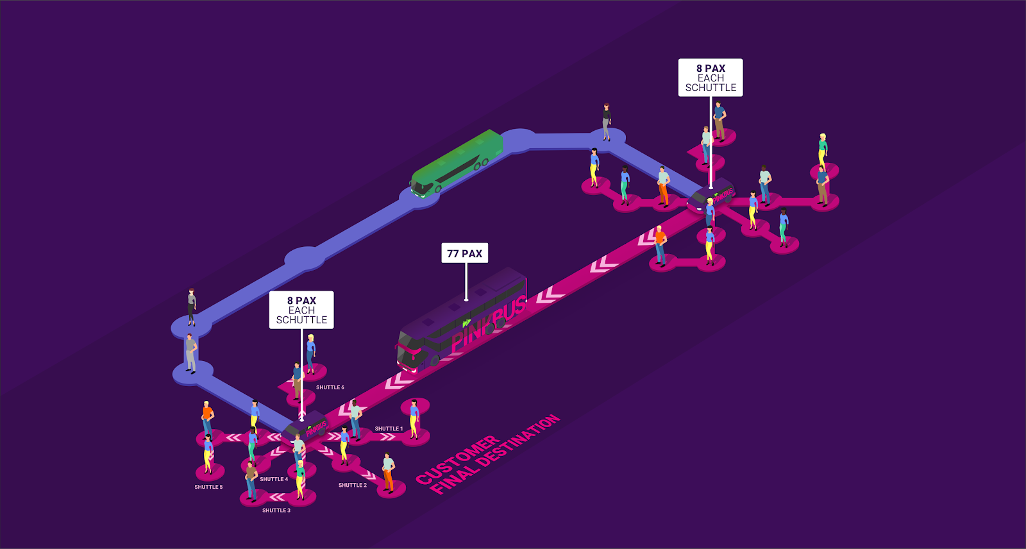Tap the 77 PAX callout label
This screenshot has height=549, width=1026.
(465, 253)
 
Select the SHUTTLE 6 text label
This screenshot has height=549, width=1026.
(330, 387)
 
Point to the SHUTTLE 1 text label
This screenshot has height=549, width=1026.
(389, 429)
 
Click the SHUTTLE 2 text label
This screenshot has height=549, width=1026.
(353, 486)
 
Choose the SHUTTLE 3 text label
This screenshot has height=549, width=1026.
(276, 511)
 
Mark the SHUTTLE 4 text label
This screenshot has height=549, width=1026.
(274, 479)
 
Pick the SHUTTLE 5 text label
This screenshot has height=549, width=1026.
(209, 487)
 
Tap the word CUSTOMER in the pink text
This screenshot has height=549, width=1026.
(457, 460)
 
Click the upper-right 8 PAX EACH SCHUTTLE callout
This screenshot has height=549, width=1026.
(711, 78)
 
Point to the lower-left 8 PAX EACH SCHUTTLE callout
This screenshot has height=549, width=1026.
(301, 310)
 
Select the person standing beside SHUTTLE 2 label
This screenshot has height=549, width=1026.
(388, 473)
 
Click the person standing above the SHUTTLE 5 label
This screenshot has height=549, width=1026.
(208, 453)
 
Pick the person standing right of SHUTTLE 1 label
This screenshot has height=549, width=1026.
(414, 419)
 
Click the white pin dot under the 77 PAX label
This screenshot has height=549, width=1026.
(466, 299)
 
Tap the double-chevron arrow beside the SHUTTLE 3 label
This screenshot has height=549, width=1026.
(277, 497)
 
